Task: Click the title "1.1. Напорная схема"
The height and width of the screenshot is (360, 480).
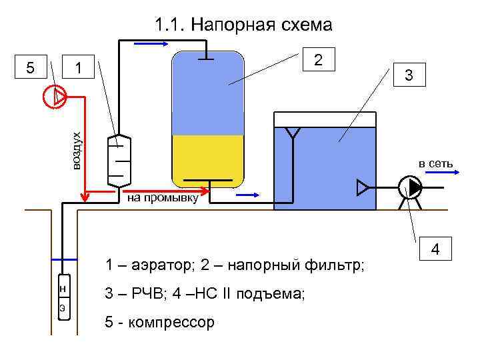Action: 243,26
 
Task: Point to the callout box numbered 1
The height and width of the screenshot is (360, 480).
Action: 79,68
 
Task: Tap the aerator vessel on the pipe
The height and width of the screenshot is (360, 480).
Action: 119,161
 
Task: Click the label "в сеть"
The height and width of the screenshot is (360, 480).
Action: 435,163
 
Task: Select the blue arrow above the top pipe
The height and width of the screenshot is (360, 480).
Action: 151,44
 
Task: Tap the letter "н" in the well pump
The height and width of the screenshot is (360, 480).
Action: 62,289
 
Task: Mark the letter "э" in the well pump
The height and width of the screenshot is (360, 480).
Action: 62,307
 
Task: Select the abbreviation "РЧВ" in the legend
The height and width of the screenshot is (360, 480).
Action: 143,294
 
